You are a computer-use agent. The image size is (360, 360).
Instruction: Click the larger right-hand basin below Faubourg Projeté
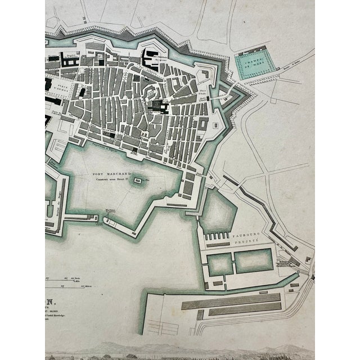click(x=253, y=260)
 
